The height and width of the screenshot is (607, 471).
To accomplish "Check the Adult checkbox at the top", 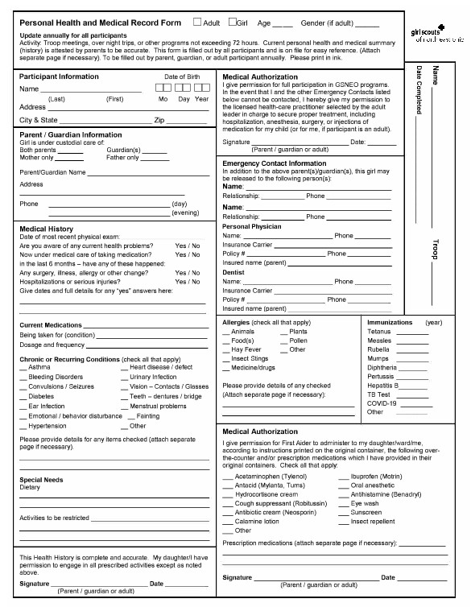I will click(x=197, y=23).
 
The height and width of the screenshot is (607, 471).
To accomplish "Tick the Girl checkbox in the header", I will click(x=233, y=23).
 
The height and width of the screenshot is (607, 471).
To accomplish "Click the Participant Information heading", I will click(x=59, y=76).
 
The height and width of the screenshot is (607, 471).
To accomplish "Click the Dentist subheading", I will click(x=234, y=273).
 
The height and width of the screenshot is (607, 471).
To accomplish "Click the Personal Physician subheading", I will click(x=252, y=226).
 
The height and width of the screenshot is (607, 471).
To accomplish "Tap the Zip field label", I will click(x=159, y=120).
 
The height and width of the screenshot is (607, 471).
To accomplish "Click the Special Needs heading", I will click(x=41, y=479).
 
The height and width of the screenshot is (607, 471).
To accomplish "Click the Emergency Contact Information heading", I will click(x=274, y=163).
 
